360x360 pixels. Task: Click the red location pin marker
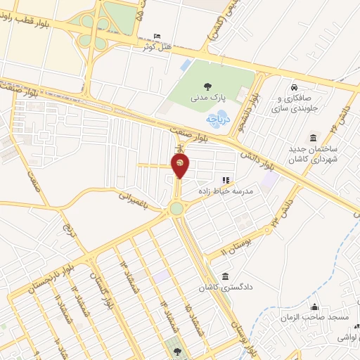(x=180, y=166)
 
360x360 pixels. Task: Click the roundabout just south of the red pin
(x=176, y=208)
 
